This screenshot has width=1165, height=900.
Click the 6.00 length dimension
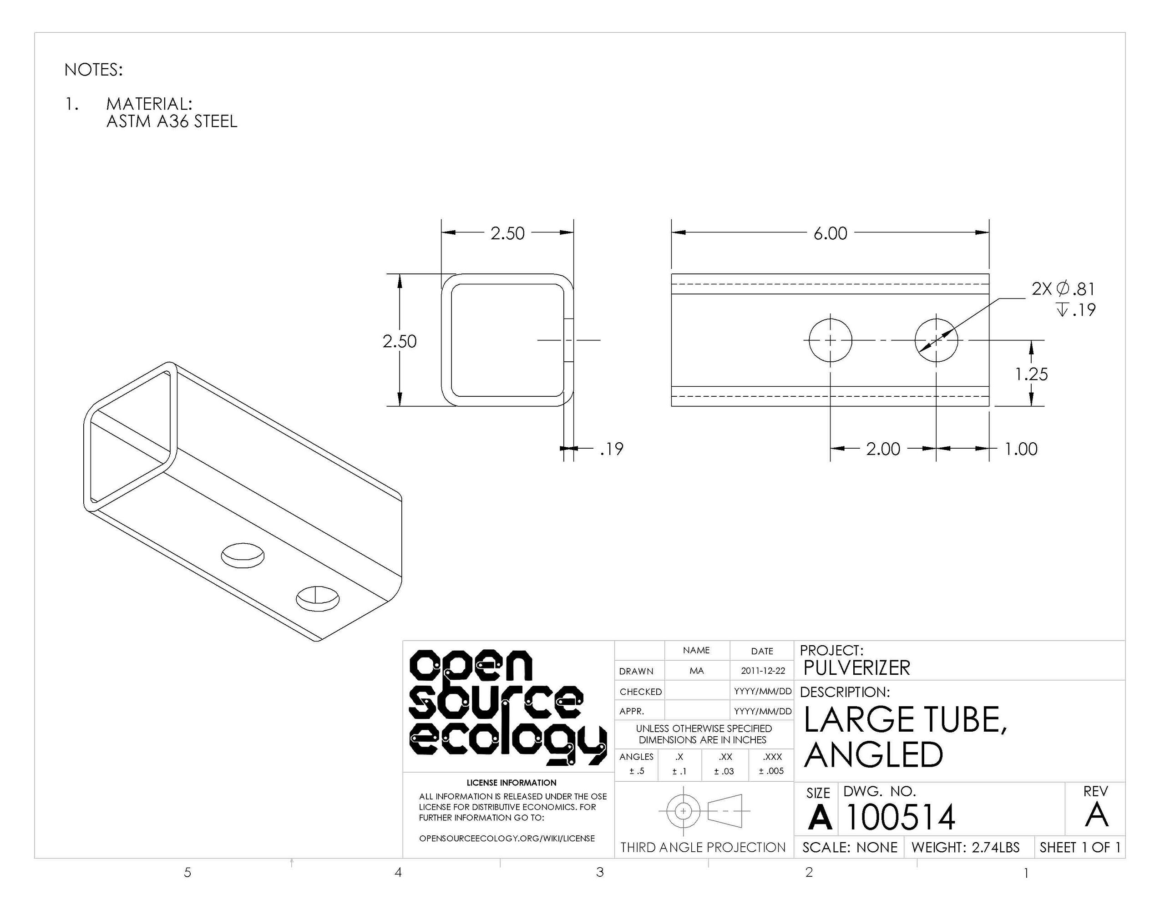(830, 233)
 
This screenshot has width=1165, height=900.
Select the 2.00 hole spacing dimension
(883, 449)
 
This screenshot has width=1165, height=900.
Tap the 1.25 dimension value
(1031, 374)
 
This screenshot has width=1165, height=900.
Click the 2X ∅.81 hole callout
(1063, 288)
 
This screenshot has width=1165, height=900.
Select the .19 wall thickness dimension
(611, 449)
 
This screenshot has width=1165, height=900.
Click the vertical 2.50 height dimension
(400, 341)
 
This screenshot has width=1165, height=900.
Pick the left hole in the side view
(830, 340)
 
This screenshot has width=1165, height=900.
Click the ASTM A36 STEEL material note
(172, 121)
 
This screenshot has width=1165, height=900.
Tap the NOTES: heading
(93, 70)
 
